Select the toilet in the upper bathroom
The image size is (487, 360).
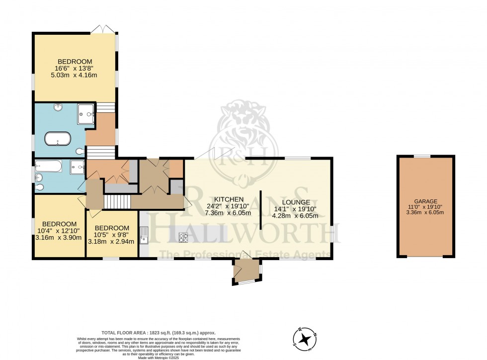click(80, 151)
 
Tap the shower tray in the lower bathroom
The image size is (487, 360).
click(77, 168)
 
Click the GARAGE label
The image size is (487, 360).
click(426, 201)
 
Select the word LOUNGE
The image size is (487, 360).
click(298, 202)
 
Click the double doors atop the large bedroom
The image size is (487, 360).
click(103, 29)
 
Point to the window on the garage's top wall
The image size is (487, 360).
click(422, 156)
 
